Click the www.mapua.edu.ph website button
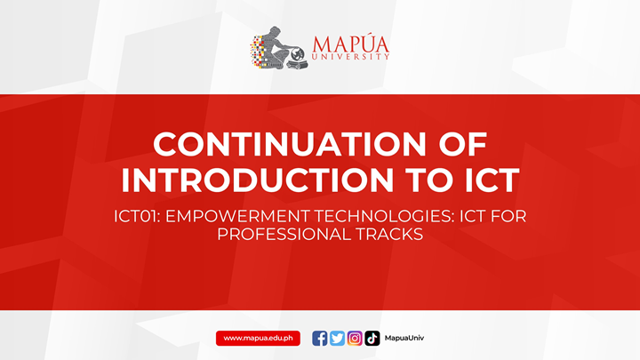258,338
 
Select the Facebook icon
320,338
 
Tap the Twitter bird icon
337,338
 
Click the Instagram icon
355,338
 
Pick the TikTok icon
372,338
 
